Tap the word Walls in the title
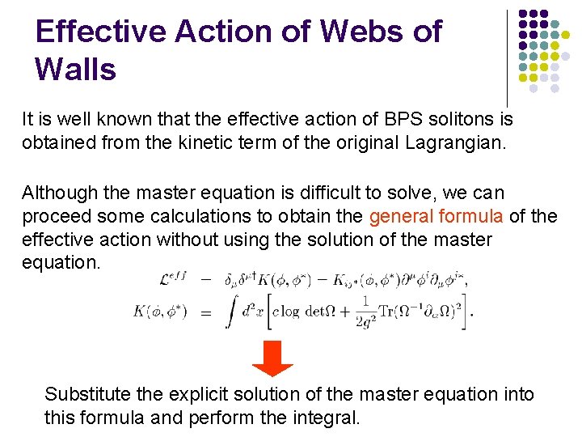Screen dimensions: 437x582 76,69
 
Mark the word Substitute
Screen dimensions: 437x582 85,394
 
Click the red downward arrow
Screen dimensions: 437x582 272,358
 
